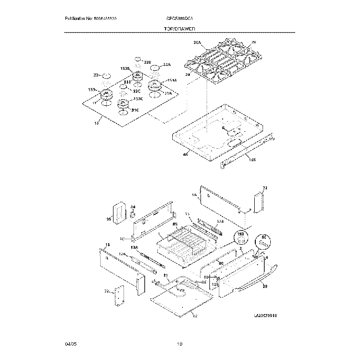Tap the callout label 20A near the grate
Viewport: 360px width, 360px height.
coord(198,42)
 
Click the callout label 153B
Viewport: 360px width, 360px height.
coord(125,68)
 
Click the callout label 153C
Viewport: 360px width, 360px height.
coord(137,99)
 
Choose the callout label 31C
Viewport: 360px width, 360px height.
coord(134,111)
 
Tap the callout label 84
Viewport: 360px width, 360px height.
coord(133,207)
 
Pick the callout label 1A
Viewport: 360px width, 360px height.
coord(194,195)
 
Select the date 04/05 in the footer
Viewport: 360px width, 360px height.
coord(70,344)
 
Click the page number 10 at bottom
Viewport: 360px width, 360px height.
coord(179,344)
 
